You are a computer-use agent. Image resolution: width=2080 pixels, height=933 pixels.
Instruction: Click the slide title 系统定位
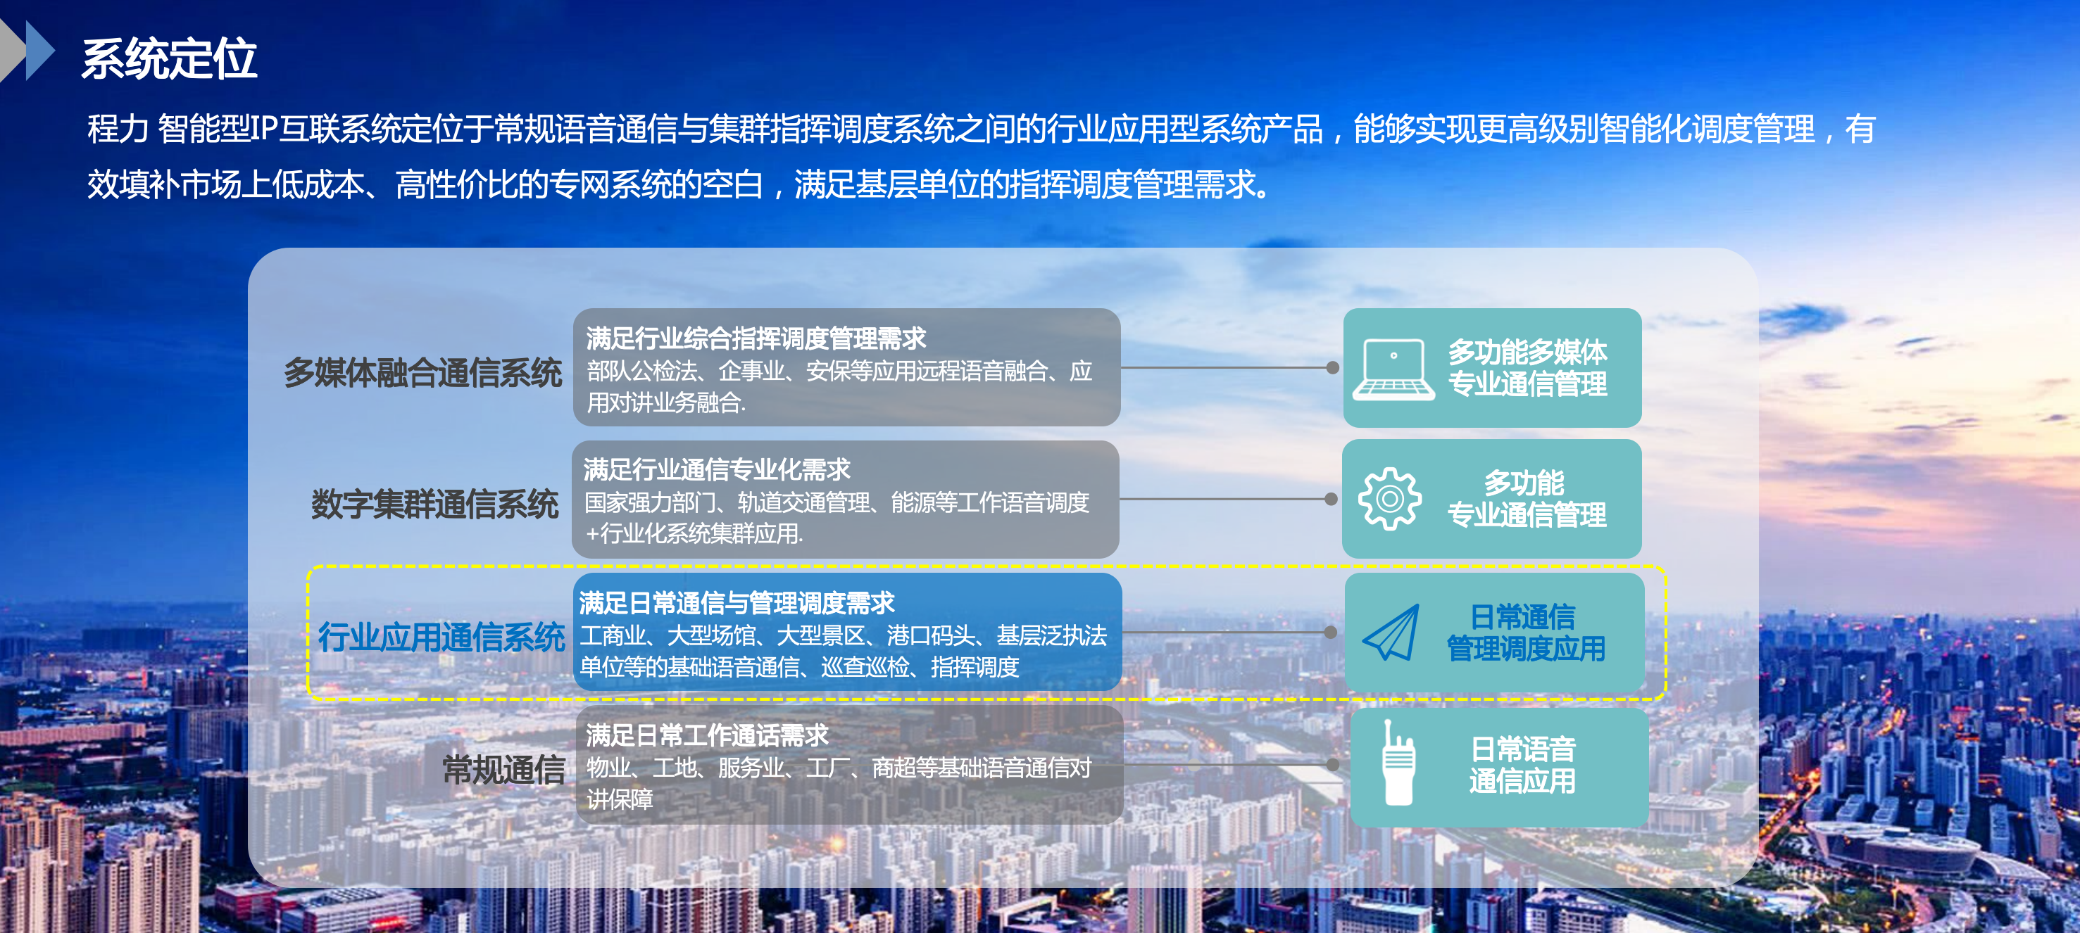[169, 59]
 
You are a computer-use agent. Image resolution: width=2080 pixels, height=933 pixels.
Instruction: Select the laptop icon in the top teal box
[1393, 369]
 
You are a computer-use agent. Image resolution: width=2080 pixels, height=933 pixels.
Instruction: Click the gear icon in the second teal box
[1389, 499]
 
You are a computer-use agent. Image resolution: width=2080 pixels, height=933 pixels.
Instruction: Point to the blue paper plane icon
[1391, 633]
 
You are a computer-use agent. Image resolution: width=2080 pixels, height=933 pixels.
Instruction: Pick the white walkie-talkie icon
[1398, 763]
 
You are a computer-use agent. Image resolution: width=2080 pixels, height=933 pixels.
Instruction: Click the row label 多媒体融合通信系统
[422, 373]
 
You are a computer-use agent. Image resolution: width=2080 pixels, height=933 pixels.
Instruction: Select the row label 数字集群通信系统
[434, 504]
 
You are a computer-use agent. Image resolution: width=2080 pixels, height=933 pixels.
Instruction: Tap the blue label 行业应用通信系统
[441, 637]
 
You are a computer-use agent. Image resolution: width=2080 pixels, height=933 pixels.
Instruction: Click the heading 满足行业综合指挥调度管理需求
[756, 338]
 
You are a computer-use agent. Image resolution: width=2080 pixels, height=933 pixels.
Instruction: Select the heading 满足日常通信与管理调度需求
[737, 602]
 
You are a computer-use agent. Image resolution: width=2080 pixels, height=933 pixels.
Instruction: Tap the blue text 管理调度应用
[1525, 649]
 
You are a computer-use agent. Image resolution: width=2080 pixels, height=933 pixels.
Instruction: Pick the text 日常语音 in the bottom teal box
[1523, 749]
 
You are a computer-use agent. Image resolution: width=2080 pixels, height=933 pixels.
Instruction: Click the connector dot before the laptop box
[1332, 368]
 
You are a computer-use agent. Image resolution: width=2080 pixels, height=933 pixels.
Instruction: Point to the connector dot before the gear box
[1331, 499]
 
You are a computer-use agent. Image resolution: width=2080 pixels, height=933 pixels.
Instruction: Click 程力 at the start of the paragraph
[118, 129]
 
